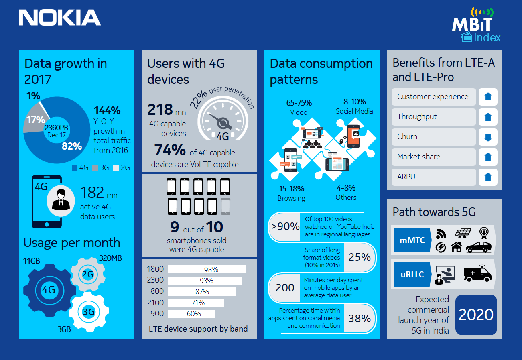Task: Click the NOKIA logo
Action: [x=59, y=18]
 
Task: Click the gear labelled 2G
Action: [x=87, y=275]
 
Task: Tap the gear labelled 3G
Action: [x=88, y=312]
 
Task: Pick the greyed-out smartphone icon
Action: [x=225, y=206]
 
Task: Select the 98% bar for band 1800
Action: [x=206, y=269]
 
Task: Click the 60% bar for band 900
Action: [x=191, y=314]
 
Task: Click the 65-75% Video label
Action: [x=299, y=107]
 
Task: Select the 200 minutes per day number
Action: [x=285, y=288]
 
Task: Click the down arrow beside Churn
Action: [x=488, y=137]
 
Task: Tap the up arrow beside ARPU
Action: [x=488, y=177]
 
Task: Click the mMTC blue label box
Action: [x=412, y=240]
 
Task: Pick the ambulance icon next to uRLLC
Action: [x=477, y=274]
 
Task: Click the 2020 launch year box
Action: [x=476, y=315]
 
